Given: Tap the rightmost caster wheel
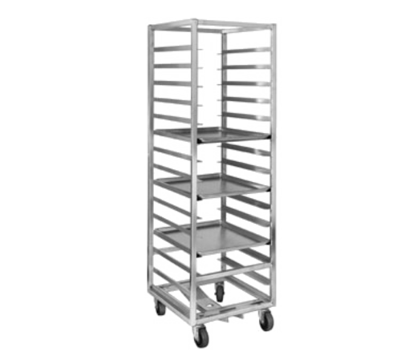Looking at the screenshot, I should click(265, 322).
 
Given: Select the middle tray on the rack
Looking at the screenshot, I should click(213, 184).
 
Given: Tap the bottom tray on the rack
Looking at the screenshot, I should click(213, 234).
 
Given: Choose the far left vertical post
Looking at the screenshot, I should click(150, 160).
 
